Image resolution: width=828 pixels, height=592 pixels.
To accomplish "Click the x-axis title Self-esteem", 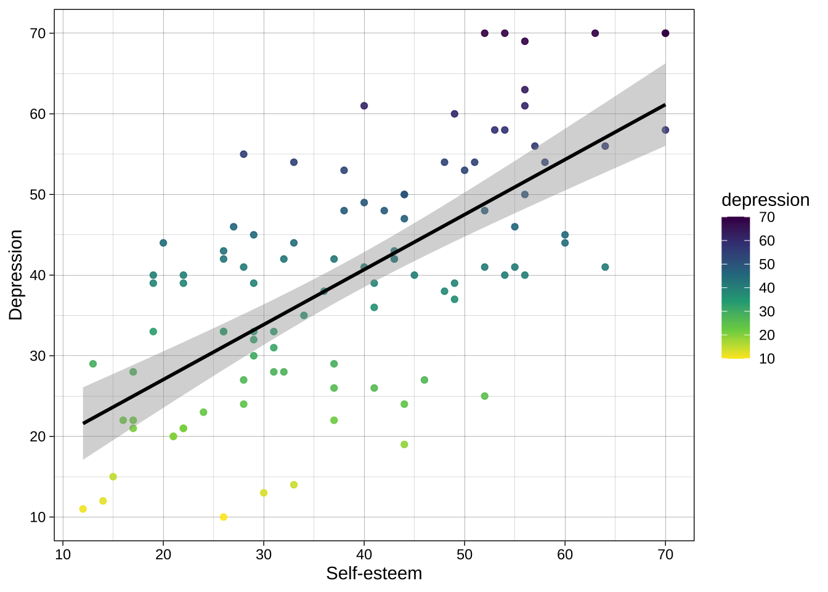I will point(374,573).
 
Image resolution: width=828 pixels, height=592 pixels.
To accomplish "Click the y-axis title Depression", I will point(16,275).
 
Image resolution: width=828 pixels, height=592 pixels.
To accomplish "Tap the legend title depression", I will point(765,200).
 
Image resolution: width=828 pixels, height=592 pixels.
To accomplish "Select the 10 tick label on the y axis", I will point(38,517).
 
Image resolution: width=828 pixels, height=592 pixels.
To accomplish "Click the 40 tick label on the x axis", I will point(364,554).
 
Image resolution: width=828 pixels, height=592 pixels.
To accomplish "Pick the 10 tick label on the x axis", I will point(63,554).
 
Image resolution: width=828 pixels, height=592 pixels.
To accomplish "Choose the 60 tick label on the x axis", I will point(565,554).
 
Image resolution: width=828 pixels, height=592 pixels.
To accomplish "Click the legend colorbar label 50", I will point(767,265).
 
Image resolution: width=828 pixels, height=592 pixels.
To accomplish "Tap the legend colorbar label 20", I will point(767,335).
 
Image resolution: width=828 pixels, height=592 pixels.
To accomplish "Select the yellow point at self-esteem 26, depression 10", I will point(224,517).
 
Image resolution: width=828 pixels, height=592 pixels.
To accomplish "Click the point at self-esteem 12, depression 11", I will point(83,509).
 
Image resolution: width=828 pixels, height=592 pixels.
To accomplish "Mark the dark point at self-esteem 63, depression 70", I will point(595,33).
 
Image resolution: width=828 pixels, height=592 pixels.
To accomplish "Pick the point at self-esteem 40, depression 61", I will point(364,105).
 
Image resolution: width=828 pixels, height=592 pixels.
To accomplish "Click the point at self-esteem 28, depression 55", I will point(243,154).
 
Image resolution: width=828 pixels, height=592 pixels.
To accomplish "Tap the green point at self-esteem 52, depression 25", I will point(485,396).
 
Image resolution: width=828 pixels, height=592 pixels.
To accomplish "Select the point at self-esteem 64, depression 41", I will point(605,267).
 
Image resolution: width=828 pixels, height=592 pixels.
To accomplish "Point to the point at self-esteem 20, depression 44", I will point(163,243).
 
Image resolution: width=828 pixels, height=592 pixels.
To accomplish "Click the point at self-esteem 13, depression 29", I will point(93,364).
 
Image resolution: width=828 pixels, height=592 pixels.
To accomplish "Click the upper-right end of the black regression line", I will point(665,105).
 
